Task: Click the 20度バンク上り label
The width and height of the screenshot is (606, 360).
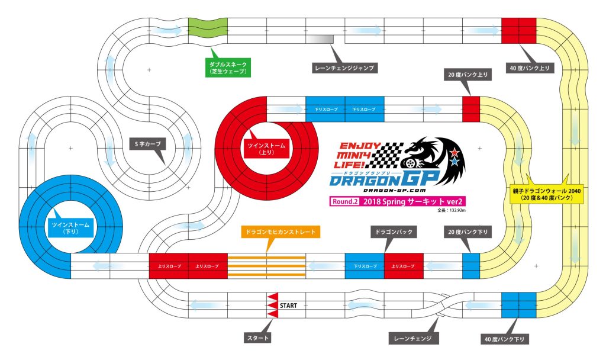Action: click(467, 75)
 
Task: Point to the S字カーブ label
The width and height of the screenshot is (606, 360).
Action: click(148, 143)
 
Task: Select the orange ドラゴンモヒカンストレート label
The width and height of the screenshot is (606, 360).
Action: click(281, 232)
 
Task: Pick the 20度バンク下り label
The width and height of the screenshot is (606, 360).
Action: click(467, 232)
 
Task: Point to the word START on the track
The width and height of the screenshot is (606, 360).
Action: click(288, 306)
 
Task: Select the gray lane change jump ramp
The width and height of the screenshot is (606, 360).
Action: click(320, 38)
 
